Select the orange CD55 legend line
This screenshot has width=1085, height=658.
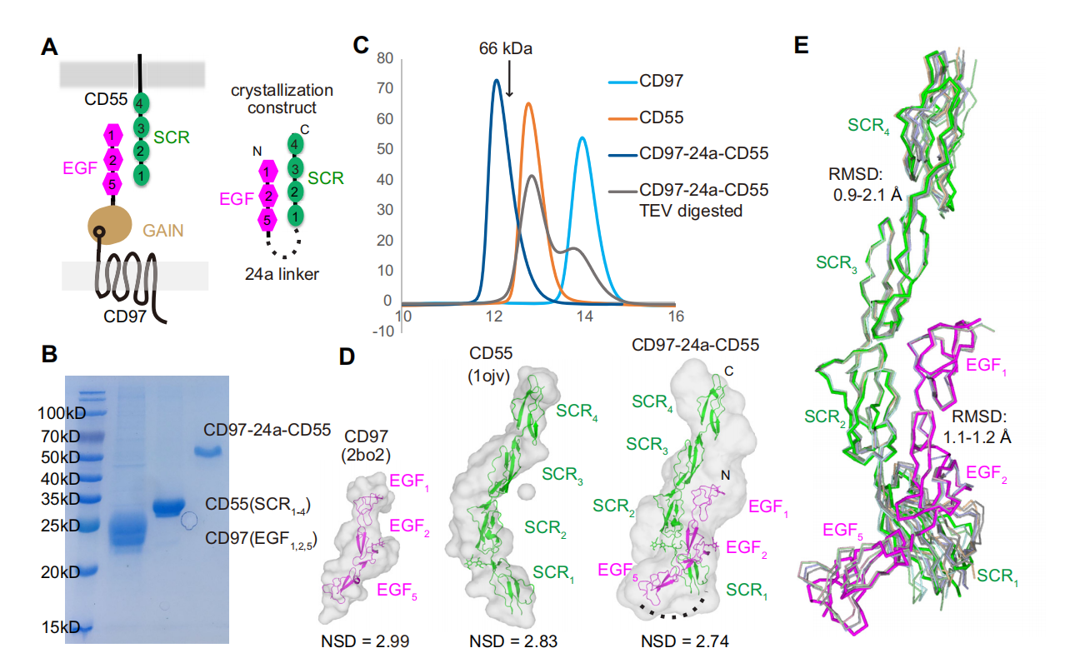coord(621,117)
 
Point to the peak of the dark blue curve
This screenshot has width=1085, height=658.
coord(497,81)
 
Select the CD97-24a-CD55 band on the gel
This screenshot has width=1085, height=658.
coord(206,452)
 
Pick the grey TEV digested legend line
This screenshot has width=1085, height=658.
coord(621,191)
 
